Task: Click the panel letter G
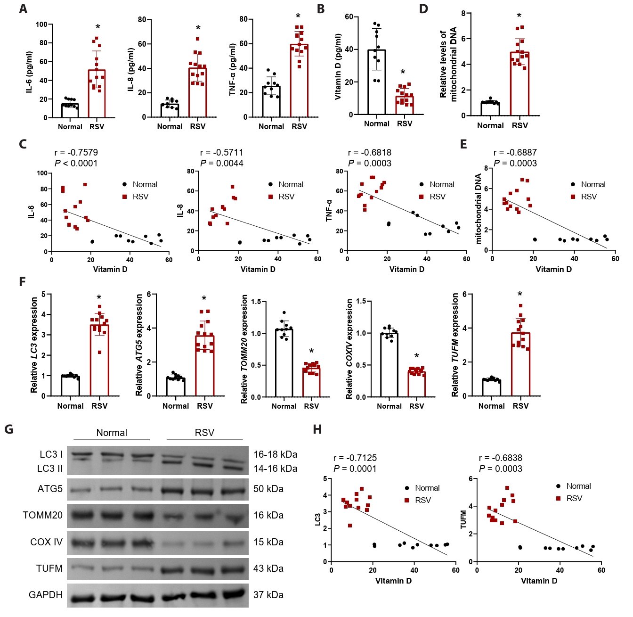click(x=8, y=429)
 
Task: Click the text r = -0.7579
click(x=76, y=152)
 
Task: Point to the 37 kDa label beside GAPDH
click(x=268, y=595)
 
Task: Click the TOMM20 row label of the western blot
click(x=42, y=515)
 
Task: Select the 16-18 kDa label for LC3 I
click(x=276, y=454)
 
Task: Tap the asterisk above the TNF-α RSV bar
click(x=298, y=17)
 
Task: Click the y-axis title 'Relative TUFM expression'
click(x=455, y=345)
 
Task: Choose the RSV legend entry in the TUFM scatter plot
click(x=569, y=498)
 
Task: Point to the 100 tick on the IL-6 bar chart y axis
click(x=41, y=25)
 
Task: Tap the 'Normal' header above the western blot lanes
click(x=112, y=433)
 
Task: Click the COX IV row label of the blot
click(x=46, y=542)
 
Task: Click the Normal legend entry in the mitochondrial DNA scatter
click(x=588, y=184)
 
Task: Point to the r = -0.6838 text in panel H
click(x=501, y=458)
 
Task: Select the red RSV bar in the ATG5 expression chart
click(x=205, y=366)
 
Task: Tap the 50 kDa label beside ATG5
click(x=268, y=489)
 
